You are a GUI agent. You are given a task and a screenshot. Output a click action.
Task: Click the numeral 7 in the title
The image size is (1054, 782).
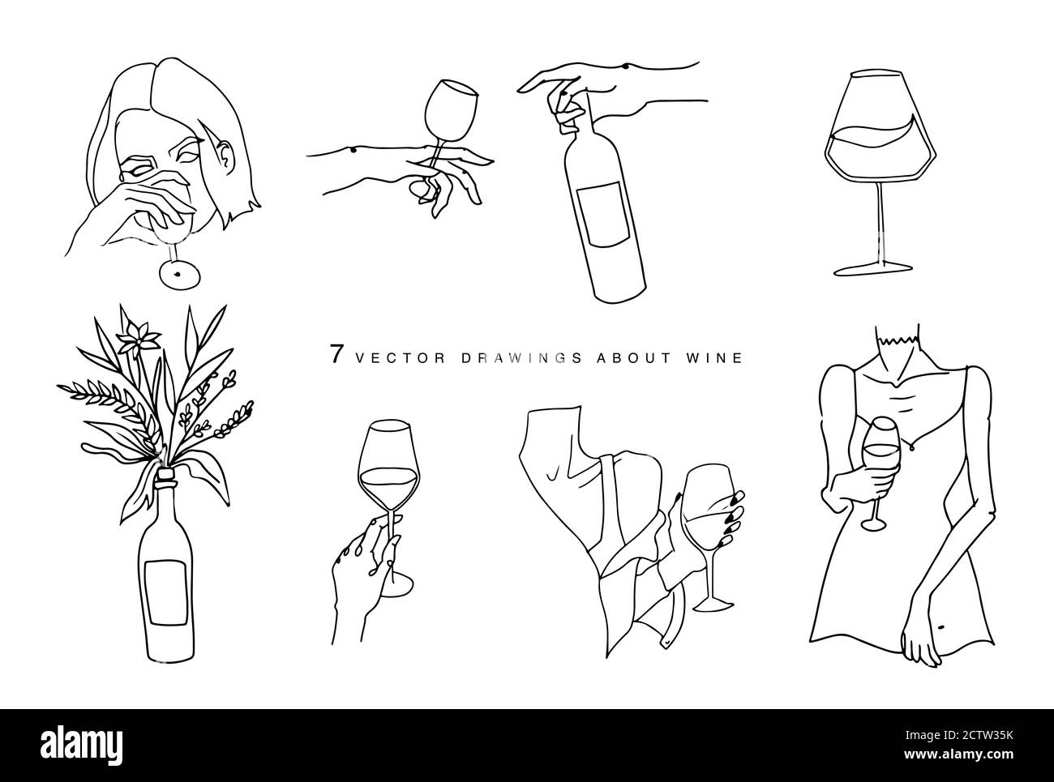point(336,353)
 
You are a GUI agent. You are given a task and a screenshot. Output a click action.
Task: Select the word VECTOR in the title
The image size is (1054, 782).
point(401,357)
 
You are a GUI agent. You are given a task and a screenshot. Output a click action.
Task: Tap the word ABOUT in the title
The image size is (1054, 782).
point(633,357)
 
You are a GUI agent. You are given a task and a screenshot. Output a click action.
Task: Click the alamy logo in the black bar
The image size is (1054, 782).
point(81,745)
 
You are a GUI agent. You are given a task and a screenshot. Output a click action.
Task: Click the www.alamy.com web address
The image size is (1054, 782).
point(958,754)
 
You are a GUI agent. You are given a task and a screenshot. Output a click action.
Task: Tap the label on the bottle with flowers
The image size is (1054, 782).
point(166,593)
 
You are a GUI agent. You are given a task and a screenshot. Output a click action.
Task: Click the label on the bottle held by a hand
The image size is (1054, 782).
point(603,215)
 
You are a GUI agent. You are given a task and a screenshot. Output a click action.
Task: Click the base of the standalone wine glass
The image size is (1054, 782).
point(873,268)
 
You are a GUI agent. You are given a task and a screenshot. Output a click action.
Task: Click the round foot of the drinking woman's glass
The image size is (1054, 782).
point(179,274)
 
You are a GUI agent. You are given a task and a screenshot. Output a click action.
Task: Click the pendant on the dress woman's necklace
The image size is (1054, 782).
point(909,447)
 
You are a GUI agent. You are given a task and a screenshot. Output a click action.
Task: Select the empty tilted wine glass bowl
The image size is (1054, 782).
point(450,111)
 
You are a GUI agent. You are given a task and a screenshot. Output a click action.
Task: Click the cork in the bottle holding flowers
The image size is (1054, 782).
point(166,474)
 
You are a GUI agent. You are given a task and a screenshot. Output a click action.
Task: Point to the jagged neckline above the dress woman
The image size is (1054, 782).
point(898,340)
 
